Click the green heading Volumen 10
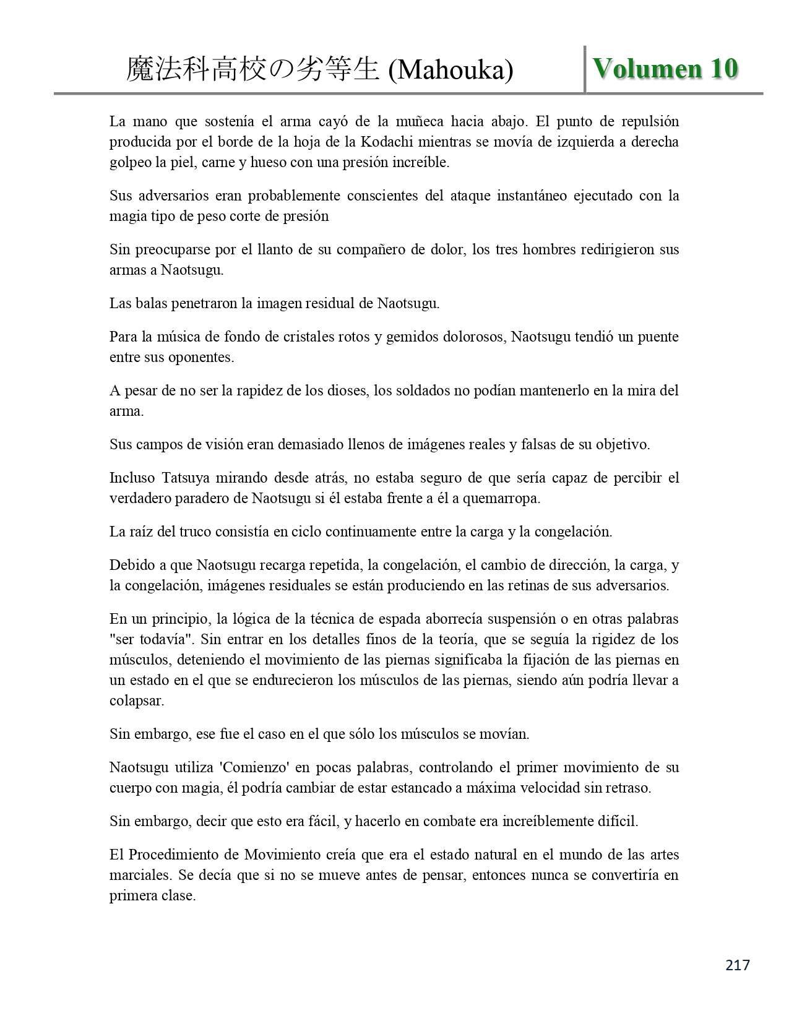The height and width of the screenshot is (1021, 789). [x=665, y=68]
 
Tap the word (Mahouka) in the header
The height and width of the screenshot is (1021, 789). [x=451, y=70]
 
